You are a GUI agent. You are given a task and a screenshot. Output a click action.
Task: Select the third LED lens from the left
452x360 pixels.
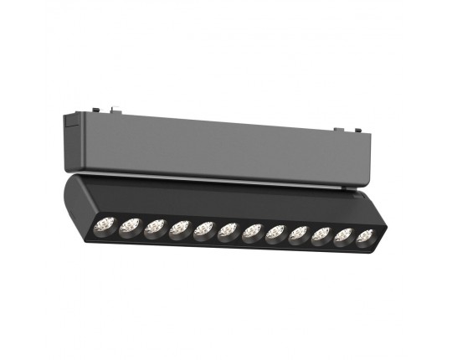(x=154, y=227)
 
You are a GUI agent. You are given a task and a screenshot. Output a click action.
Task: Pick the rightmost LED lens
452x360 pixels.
(x=364, y=239)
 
